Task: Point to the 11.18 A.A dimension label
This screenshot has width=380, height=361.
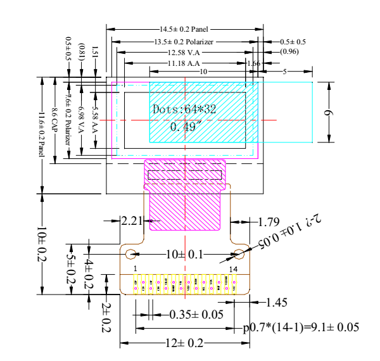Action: pyautogui.click(x=184, y=63)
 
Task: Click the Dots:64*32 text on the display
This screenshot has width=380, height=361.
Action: pyautogui.click(x=184, y=110)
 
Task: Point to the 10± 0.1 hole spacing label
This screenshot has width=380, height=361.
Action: pyautogui.click(x=184, y=255)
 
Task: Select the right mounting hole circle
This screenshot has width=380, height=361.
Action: pyautogui.click(x=239, y=254)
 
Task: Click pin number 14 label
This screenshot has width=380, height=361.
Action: pyautogui.click(x=234, y=269)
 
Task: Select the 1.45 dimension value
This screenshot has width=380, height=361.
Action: pyautogui.click(x=277, y=302)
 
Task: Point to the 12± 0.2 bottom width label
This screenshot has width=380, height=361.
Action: pyautogui.click(x=184, y=343)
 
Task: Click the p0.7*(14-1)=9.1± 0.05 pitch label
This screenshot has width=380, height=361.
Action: pyautogui.click(x=301, y=327)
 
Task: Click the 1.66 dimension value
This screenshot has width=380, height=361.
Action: pyautogui.click(x=254, y=63)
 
